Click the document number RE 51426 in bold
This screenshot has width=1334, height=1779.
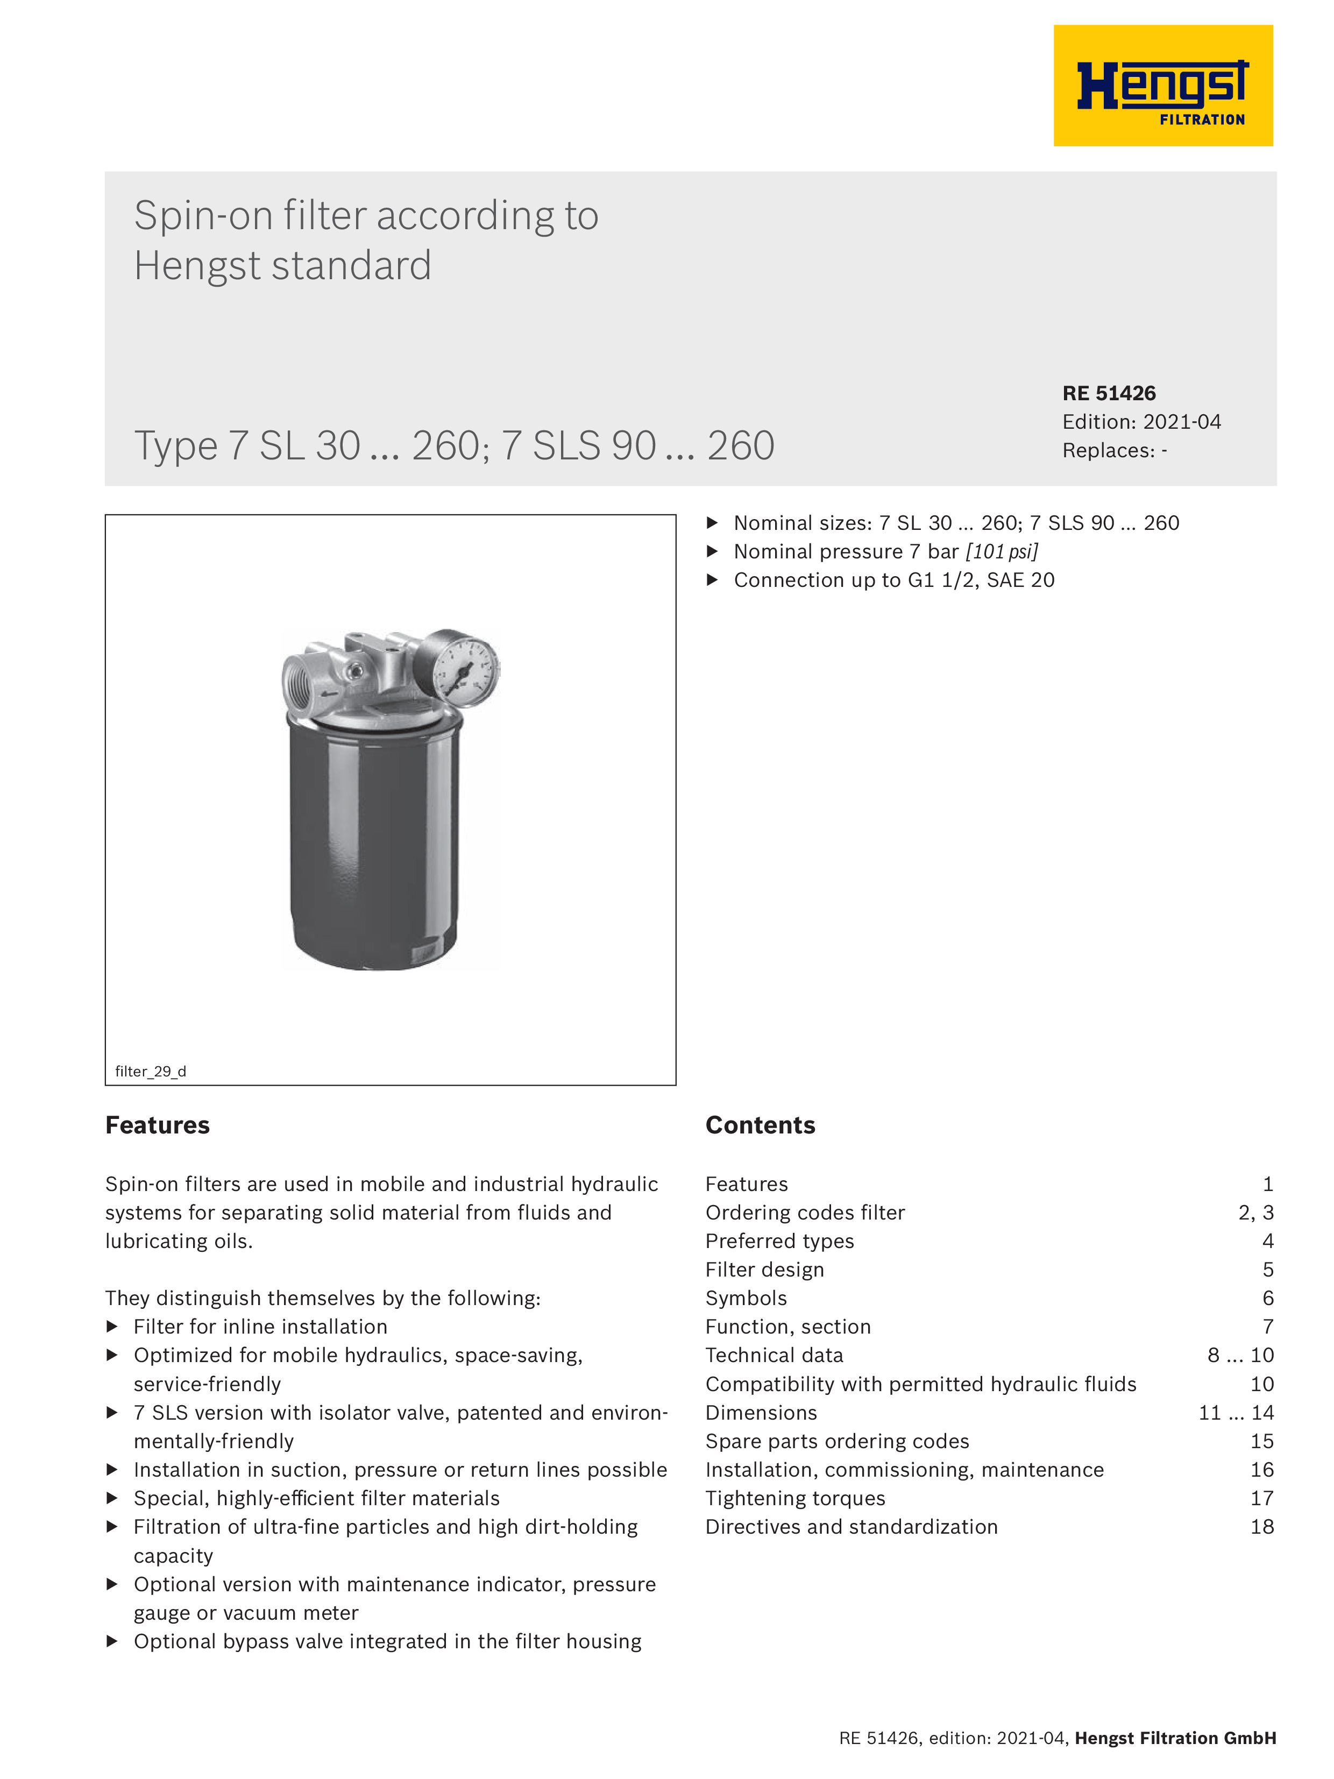tap(1108, 393)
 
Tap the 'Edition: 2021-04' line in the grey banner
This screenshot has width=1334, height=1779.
tap(1140, 422)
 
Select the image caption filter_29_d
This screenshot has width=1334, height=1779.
tap(151, 1071)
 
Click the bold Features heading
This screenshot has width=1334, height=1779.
tap(158, 1125)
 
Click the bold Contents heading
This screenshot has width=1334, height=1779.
tap(760, 1125)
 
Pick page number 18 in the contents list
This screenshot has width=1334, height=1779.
tap(1261, 1527)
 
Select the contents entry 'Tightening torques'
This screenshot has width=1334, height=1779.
tap(794, 1498)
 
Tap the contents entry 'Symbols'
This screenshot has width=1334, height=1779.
tap(746, 1298)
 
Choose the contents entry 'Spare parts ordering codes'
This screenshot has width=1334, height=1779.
tap(836, 1441)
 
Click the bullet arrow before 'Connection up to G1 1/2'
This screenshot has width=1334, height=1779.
tap(712, 580)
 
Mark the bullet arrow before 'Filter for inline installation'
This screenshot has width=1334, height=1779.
tap(112, 1326)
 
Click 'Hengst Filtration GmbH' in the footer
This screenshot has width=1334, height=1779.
tap(1175, 1738)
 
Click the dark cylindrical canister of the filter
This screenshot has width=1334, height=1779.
tap(374, 845)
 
